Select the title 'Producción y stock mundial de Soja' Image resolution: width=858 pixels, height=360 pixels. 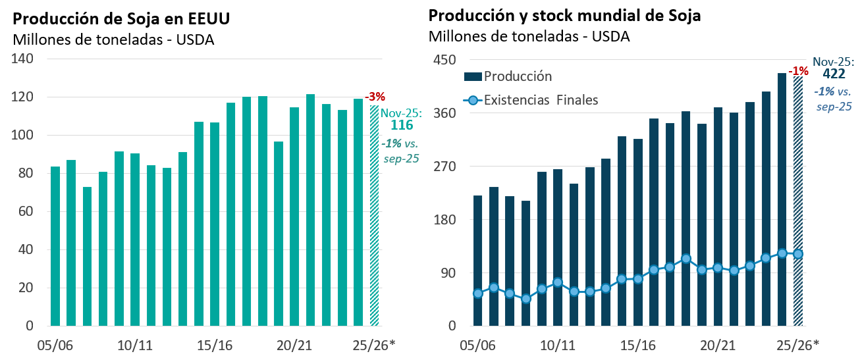[x=564, y=16]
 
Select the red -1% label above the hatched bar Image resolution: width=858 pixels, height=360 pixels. [x=799, y=70]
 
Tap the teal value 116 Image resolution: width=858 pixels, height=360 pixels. [x=402, y=125]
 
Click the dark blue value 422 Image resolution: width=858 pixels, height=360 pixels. [x=834, y=74]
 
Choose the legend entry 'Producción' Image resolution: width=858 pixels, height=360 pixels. [x=518, y=76]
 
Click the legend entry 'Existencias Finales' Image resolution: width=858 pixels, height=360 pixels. [x=541, y=101]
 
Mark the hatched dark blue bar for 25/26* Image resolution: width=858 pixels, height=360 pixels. [x=797, y=201]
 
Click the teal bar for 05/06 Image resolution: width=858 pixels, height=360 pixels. [x=55, y=246]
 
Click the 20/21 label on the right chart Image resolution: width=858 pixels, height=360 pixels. [x=717, y=345]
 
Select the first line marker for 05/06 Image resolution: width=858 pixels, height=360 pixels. [x=477, y=294]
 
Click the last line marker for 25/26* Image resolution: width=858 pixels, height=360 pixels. [x=797, y=254]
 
